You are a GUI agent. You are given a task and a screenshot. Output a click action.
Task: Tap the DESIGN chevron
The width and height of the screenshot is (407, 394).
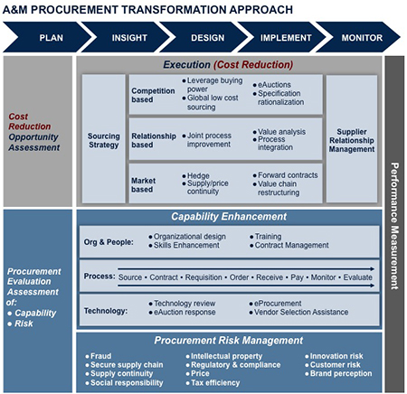207,39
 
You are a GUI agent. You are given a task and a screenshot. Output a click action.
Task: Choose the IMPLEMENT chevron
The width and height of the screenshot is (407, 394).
285,39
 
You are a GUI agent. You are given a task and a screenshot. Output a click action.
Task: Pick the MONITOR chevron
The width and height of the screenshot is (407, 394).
361,39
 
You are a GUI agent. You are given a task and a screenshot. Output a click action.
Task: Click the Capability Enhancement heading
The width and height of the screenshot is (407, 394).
229,217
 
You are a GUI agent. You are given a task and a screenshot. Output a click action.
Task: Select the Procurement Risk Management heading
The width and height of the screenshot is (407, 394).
229,340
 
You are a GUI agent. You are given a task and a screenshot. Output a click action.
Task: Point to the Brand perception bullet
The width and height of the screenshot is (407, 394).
342,373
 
